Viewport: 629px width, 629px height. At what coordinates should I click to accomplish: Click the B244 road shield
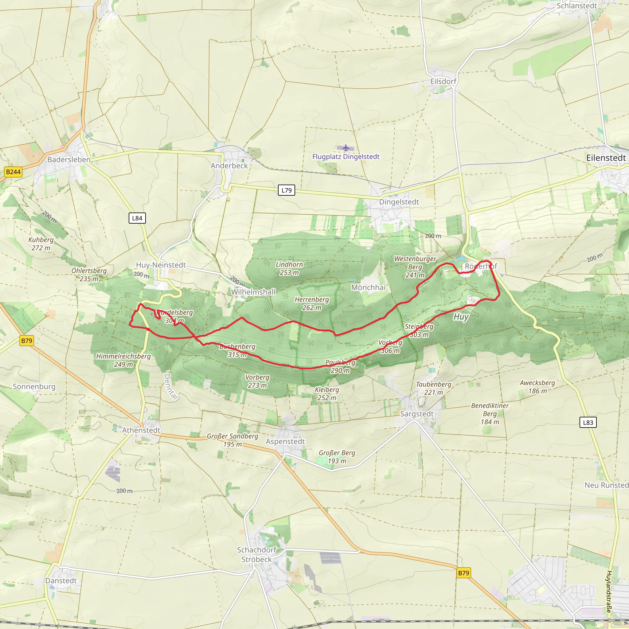13,172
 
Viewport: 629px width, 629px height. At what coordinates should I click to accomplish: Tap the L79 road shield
287,190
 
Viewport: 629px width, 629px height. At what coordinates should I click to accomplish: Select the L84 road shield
137,218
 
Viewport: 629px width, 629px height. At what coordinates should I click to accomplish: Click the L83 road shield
588,423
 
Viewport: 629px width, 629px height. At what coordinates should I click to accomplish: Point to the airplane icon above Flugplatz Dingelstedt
346,148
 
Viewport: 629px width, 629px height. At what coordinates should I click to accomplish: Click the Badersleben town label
69,159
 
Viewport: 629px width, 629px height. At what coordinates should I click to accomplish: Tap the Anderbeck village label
229,166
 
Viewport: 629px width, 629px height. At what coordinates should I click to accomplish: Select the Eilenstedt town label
606,158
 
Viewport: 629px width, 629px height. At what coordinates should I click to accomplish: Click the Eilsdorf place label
443,81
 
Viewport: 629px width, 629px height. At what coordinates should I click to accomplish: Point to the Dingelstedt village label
399,202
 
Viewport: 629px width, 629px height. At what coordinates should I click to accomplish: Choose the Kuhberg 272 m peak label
41,244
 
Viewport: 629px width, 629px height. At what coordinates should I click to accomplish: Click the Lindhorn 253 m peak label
289,269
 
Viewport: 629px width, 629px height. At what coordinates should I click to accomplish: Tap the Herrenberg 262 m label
311,303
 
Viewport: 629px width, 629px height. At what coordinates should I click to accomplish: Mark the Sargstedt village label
417,414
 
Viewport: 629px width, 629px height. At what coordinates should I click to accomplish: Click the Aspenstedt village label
285,441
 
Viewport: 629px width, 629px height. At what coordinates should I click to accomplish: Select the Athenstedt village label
141,430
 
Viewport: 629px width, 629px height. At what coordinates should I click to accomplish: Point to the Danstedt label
61,581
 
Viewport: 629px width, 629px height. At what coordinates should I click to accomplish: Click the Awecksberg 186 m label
537,387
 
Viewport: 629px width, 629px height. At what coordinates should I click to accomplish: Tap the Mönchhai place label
368,287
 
